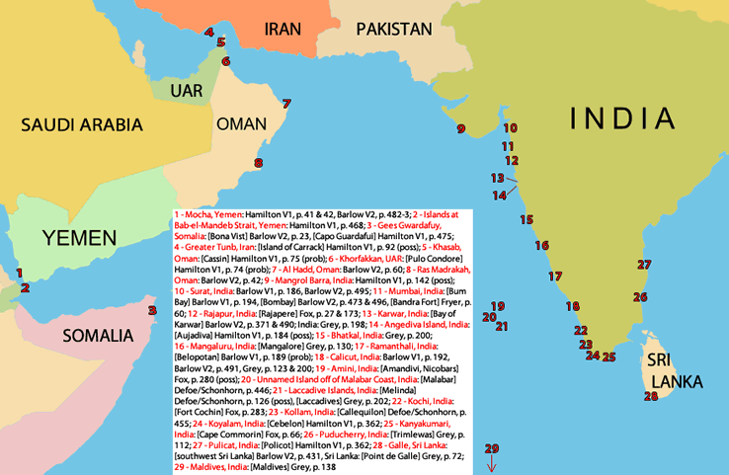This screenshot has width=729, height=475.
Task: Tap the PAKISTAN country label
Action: pos(394,29)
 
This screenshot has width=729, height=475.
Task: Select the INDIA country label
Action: pos(622,119)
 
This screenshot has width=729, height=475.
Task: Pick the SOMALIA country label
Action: pos(98,336)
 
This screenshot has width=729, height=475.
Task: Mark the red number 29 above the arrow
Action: pos(492,449)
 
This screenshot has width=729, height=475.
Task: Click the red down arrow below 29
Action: pos(492,465)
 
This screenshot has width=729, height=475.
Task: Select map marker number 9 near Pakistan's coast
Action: pos(460,128)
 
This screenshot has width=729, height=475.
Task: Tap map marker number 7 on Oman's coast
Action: pos(286,104)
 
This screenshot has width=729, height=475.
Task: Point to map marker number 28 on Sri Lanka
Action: pos(650,397)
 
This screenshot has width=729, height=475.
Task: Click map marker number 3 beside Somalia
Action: pos(152,310)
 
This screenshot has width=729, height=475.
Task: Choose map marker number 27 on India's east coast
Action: pos(644,265)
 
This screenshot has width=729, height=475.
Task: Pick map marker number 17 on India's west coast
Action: pos(555,277)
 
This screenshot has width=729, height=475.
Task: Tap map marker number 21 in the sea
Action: pos(502,326)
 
